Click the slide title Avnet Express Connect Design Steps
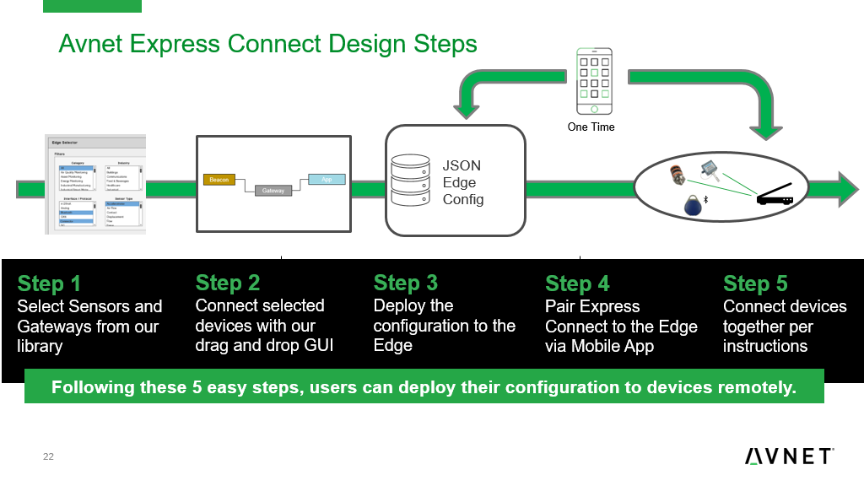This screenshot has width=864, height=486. (267, 43)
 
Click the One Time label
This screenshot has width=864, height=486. (591, 127)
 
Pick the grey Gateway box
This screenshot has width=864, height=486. (273, 191)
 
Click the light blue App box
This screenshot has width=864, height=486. (327, 179)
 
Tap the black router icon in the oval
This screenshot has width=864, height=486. (775, 197)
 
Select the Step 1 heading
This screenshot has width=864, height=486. (49, 283)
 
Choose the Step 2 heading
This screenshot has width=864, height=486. (228, 283)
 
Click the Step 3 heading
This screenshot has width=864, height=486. (406, 283)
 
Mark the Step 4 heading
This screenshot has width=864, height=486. (577, 283)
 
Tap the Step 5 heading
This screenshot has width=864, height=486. (756, 283)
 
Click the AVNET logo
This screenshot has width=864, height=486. (790, 456)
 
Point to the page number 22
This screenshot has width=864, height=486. (48, 457)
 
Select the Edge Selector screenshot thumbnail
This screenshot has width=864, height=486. (95, 183)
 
